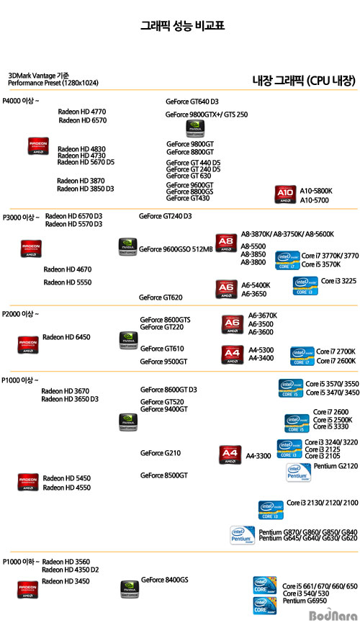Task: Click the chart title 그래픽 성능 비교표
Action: pos(182,26)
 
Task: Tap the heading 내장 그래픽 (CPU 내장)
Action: pos(304,81)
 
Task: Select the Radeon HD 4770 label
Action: pos(82,112)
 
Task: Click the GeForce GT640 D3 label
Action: pos(192,102)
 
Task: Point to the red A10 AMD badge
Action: pos(285,194)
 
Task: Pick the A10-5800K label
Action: pos(316,191)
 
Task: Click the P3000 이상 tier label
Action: pos(21,218)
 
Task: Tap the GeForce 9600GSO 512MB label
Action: pos(176,249)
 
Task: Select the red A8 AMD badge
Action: pos(226,243)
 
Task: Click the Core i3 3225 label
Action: pos(338,281)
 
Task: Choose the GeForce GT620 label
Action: pos(161,297)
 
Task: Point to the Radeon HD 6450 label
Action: pos(66,337)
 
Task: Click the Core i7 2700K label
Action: pos(336,351)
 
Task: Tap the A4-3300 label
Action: pos(258,456)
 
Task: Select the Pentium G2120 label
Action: pos(336,466)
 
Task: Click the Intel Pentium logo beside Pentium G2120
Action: pos(298,472)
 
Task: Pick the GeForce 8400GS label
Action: pos(164,580)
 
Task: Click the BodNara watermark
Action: pos(333,616)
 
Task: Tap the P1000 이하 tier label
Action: pos(21,562)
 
